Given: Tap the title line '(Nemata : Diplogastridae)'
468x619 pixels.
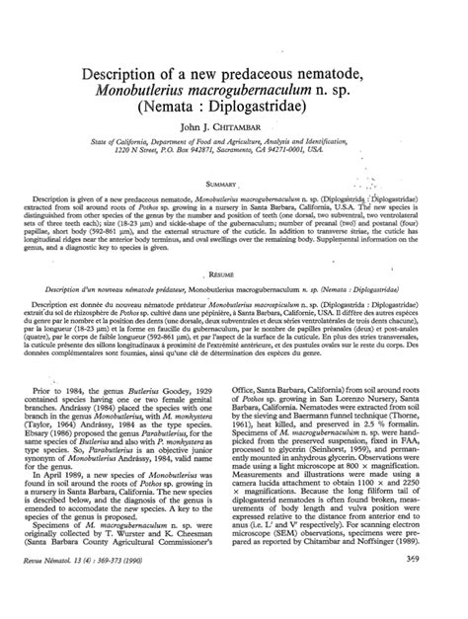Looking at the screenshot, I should [234, 118].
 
